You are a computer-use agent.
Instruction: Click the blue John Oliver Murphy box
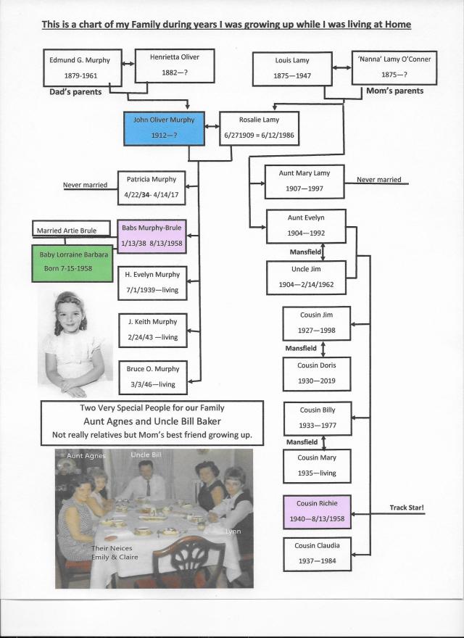(163, 127)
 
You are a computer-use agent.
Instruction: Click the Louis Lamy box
(292, 69)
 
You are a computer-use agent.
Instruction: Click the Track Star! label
(406, 507)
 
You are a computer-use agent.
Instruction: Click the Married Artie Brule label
(67, 231)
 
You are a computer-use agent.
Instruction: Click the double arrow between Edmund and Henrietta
(127, 64)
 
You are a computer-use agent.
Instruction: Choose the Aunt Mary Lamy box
(304, 181)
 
